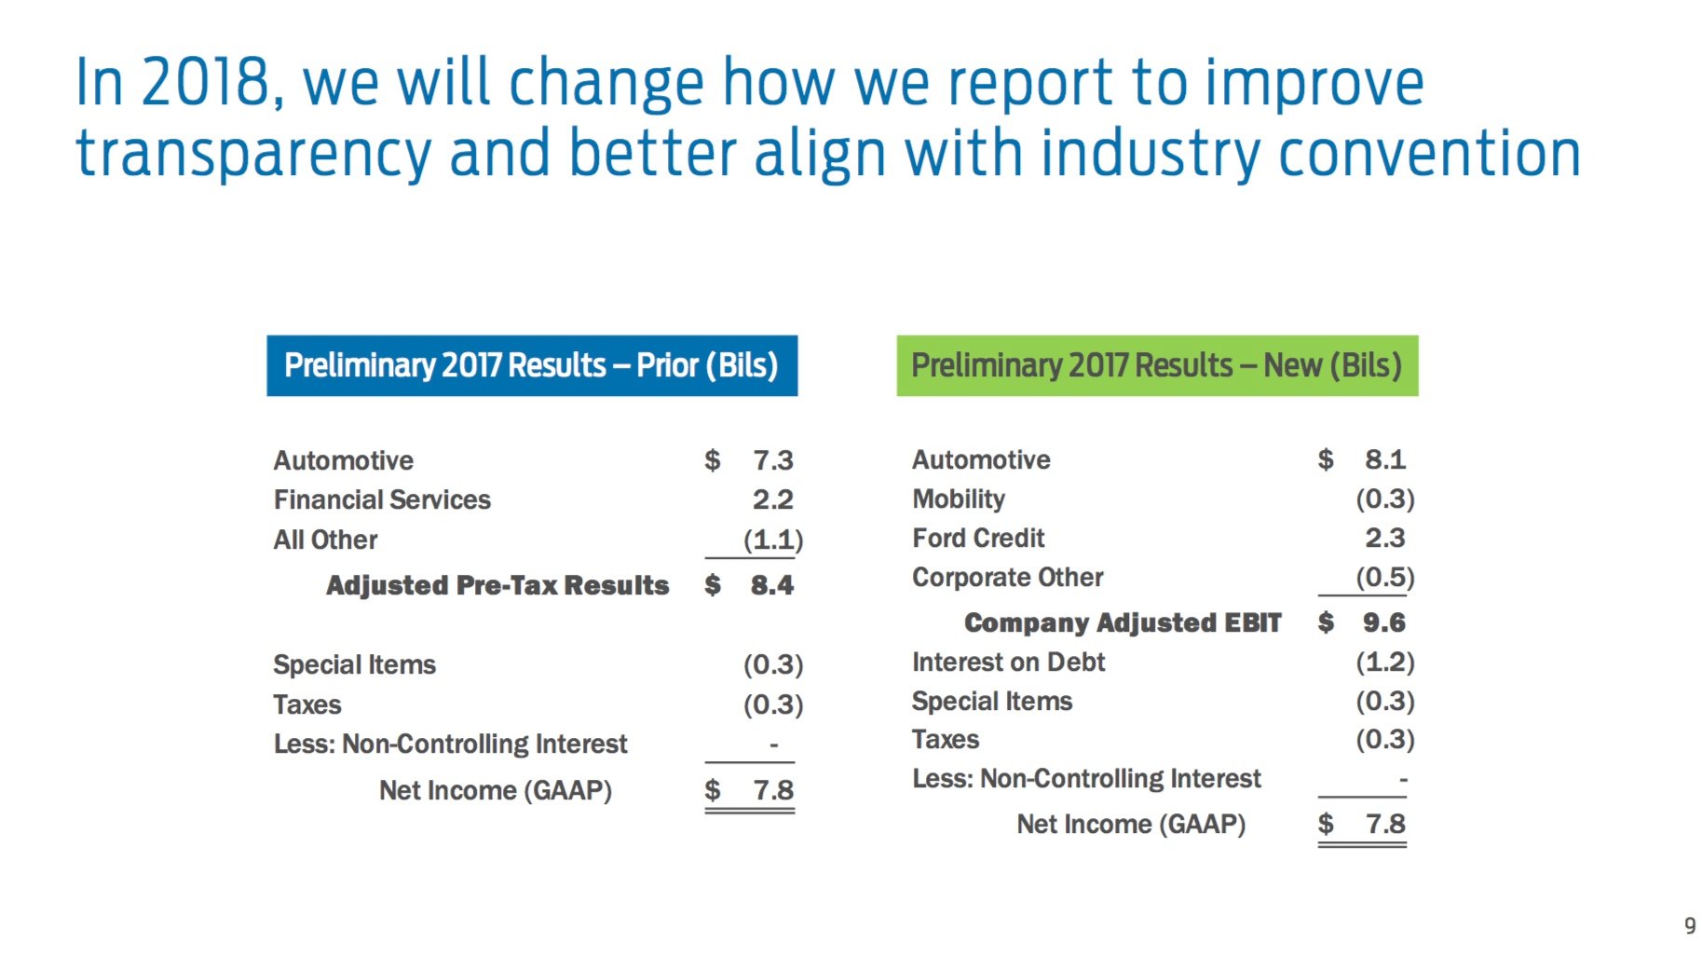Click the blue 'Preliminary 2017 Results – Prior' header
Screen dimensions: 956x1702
[531, 365]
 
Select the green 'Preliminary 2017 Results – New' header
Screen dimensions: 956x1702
[1156, 365]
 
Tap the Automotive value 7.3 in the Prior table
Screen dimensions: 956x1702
[772, 460]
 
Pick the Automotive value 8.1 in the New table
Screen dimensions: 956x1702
[1385, 459]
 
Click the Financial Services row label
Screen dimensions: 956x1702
[382, 500]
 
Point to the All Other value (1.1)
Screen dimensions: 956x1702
[772, 539]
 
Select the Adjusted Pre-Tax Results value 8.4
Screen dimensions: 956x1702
[771, 585]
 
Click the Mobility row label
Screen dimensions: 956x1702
[959, 499]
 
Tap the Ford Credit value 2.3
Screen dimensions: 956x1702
[1385, 538]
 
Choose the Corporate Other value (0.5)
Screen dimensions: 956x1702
[1384, 577]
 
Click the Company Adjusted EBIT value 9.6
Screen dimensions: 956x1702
[1383, 622]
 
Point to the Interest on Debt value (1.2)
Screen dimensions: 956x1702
[1384, 662]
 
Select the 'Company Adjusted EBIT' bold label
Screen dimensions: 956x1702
[1123, 622]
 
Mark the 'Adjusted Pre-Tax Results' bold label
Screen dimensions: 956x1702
[497, 585]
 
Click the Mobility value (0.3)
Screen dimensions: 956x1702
[1384, 499]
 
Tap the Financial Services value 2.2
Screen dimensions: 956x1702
[772, 500]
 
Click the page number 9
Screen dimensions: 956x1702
[1689, 926]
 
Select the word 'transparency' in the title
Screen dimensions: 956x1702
[253, 154]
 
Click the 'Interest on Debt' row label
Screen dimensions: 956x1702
[1008, 662]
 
